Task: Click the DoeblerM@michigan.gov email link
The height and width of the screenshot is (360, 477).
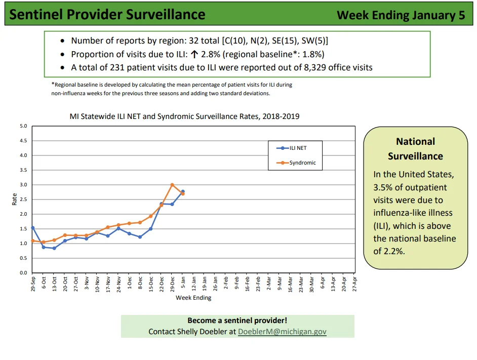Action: click(x=282, y=332)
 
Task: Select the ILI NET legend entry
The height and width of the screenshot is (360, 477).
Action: click(x=292, y=148)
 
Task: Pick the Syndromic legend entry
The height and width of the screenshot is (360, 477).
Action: click(x=296, y=163)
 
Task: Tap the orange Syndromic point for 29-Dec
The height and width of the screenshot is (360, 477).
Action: click(x=172, y=185)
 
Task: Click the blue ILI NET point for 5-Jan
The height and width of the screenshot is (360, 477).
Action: click(x=183, y=192)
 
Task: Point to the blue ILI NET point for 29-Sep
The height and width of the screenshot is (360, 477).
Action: click(x=33, y=228)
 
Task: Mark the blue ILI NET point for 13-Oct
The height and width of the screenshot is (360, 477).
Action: click(x=55, y=248)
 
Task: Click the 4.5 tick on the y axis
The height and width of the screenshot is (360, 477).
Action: click(x=23, y=141)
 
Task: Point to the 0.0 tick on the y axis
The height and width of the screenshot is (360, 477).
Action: click(x=23, y=273)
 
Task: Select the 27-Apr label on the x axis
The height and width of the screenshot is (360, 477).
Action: click(x=354, y=284)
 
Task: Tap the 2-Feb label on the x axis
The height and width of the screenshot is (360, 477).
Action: click(x=226, y=283)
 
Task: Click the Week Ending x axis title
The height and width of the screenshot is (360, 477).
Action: click(x=193, y=298)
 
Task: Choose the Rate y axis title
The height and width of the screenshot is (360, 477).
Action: click(x=14, y=199)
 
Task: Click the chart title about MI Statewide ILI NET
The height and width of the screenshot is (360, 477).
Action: click(x=184, y=116)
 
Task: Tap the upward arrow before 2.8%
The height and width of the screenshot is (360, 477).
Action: click(x=194, y=54)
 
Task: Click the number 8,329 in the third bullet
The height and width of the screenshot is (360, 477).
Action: click(x=315, y=67)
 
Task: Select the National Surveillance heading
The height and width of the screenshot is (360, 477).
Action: click(x=415, y=149)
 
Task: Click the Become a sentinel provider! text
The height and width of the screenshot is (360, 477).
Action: click(x=237, y=320)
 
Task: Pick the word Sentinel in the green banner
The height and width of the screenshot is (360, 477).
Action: click(x=36, y=14)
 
